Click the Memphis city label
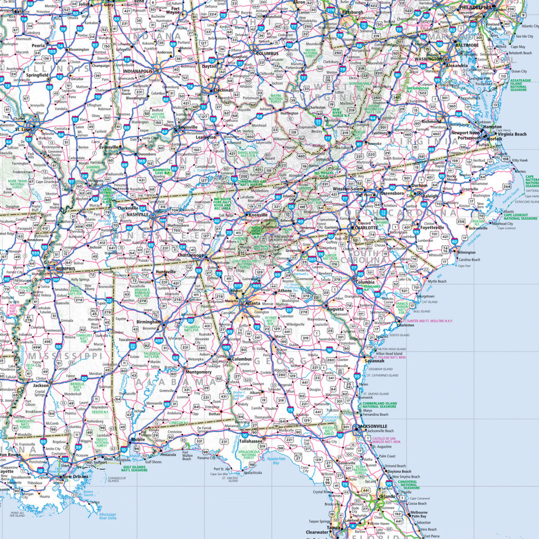[x=65, y=269]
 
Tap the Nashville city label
[x=137, y=214]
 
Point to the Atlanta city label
[x=253, y=303]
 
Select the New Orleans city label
[x=76, y=477]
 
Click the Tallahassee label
[x=251, y=441]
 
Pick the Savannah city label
[x=374, y=361]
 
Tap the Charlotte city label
[x=366, y=228]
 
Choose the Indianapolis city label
[x=138, y=71]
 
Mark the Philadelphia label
[x=475, y=8]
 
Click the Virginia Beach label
[x=512, y=134]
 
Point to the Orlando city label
[x=387, y=496]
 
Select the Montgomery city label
[x=198, y=372]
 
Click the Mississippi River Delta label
[x=107, y=516]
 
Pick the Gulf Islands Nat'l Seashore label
[x=134, y=468]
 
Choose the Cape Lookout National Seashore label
[x=520, y=216]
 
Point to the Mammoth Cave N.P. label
[x=161, y=171]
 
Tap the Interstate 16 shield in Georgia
[x=329, y=350]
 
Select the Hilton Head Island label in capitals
[x=392, y=349]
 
